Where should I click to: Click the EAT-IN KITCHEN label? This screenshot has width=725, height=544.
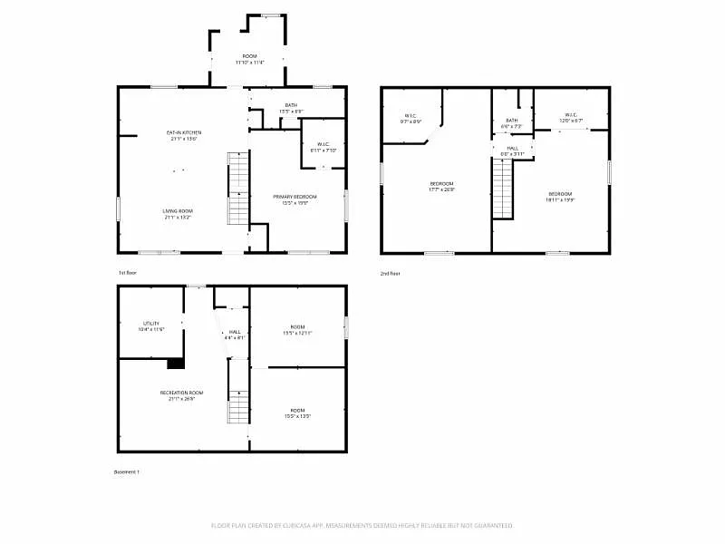(x=184, y=136)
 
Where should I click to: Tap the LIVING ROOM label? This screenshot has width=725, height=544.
(x=179, y=214)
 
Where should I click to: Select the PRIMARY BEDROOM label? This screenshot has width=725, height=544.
(x=296, y=199)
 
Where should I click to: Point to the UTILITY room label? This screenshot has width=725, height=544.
(x=151, y=326)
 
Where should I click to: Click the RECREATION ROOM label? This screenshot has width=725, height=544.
(x=179, y=395)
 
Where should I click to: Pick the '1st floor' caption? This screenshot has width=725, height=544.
(x=127, y=273)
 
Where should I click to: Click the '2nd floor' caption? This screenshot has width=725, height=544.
(x=390, y=273)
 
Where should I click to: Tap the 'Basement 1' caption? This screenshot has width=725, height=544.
(x=127, y=471)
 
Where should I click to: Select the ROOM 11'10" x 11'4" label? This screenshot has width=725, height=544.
(x=249, y=60)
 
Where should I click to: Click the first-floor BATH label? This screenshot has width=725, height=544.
(x=291, y=108)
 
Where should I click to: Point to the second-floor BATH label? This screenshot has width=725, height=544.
(x=512, y=123)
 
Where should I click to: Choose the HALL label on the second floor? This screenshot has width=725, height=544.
(x=512, y=151)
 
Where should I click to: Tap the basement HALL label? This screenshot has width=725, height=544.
(x=234, y=335)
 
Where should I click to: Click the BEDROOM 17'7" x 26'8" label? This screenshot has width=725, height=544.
(x=441, y=187)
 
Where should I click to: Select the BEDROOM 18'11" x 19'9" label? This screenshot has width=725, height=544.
(x=560, y=197)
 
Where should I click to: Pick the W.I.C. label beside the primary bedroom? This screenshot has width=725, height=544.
(x=323, y=147)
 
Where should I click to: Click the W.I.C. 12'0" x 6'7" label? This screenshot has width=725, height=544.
(x=571, y=118)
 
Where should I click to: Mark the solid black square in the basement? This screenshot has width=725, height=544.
(x=176, y=363)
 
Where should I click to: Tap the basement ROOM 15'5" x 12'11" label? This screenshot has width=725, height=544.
(x=297, y=330)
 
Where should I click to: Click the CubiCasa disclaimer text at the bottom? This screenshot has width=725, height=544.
(x=362, y=525)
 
